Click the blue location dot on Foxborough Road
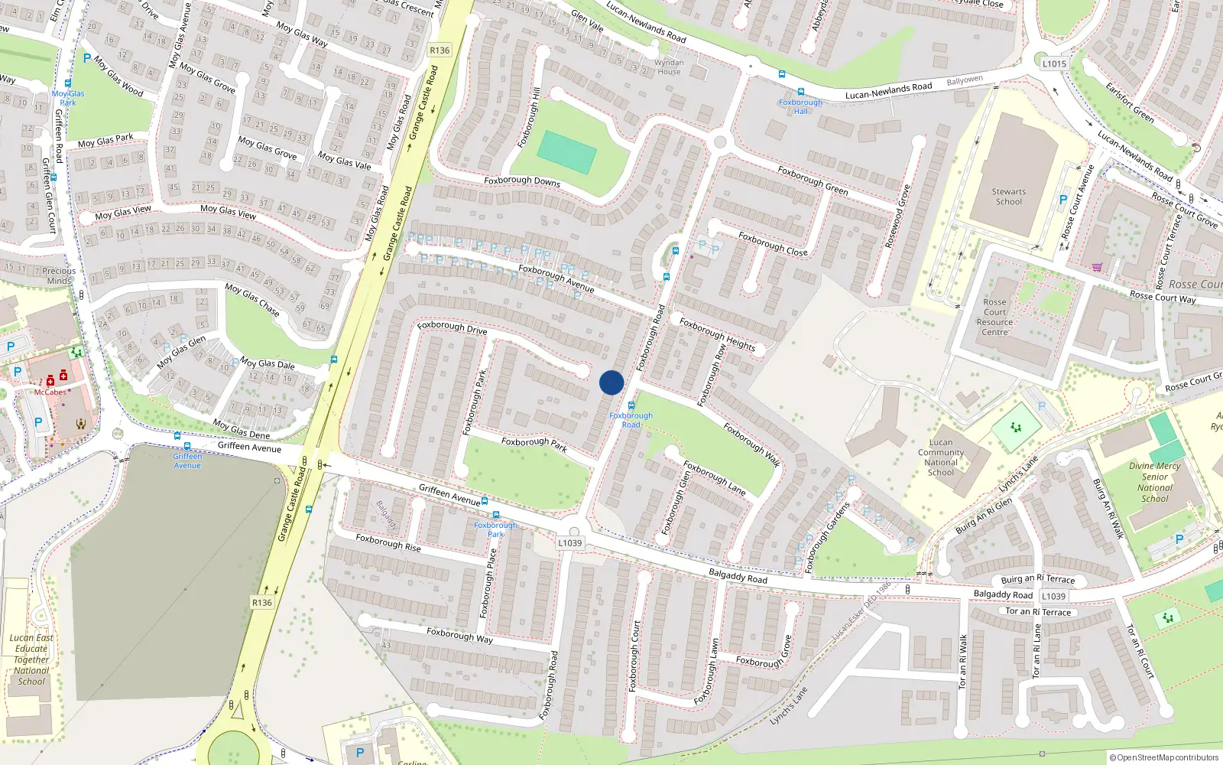[611, 382]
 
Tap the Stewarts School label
[1009, 197]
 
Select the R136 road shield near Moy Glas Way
[440, 50]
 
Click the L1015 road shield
[1054, 63]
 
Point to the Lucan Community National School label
[941, 457]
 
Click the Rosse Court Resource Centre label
[994, 317]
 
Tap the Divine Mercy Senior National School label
[1154, 482]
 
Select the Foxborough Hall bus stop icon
[801, 92]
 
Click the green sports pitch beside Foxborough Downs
[566, 152]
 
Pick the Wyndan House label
[669, 67]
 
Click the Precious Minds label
[59, 275]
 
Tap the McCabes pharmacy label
[50, 392]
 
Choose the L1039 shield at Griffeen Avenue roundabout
[569, 542]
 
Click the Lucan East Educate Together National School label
[31, 659]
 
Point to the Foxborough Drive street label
[452, 327]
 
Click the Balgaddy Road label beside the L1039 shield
[1003, 594]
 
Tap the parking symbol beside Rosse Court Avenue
[1062, 200]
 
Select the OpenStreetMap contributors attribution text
[1164, 757]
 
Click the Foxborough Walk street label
[752, 444]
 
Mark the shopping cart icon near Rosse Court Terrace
[1098, 267]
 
